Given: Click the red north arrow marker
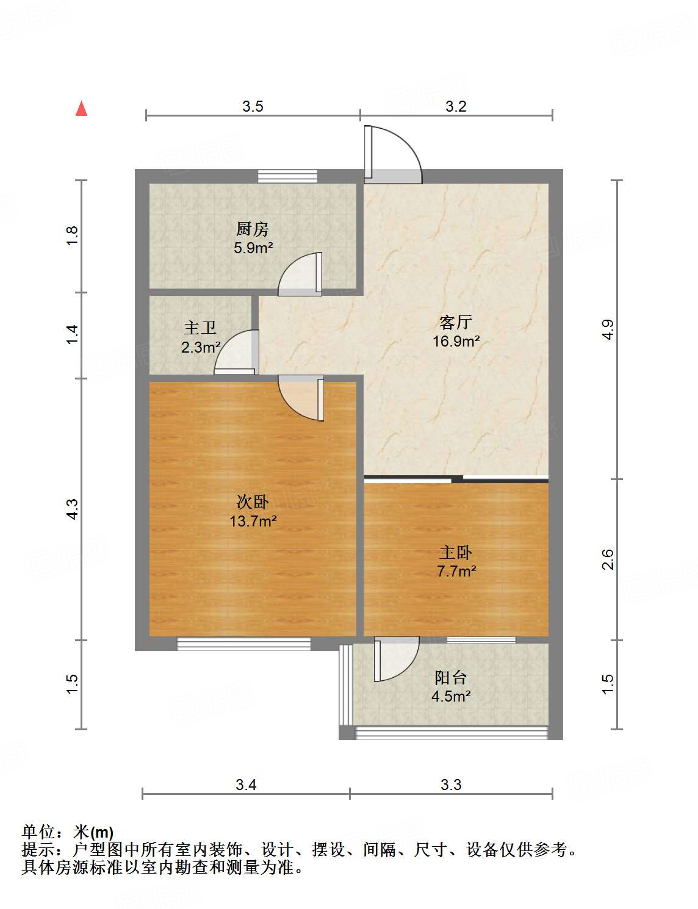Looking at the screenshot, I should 81,109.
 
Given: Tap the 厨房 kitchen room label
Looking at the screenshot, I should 253,229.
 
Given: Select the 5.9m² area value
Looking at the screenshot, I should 253,248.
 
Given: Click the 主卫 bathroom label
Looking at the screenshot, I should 200,328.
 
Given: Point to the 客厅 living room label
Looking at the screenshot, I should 456,322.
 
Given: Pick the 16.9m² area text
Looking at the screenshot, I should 456,341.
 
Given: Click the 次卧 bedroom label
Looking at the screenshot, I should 253,502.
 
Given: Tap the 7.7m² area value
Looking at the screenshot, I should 456,572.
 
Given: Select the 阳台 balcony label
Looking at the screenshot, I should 451,677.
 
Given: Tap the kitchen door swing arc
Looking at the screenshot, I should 300,276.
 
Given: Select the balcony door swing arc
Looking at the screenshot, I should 397,659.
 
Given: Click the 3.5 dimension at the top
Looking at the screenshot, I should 253,107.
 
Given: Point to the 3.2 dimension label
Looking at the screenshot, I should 456,107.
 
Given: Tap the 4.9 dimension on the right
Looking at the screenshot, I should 607,329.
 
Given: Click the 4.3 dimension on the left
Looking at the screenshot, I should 72,509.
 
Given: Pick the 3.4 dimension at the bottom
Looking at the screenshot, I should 246,785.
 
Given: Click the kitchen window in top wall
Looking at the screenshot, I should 287,176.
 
